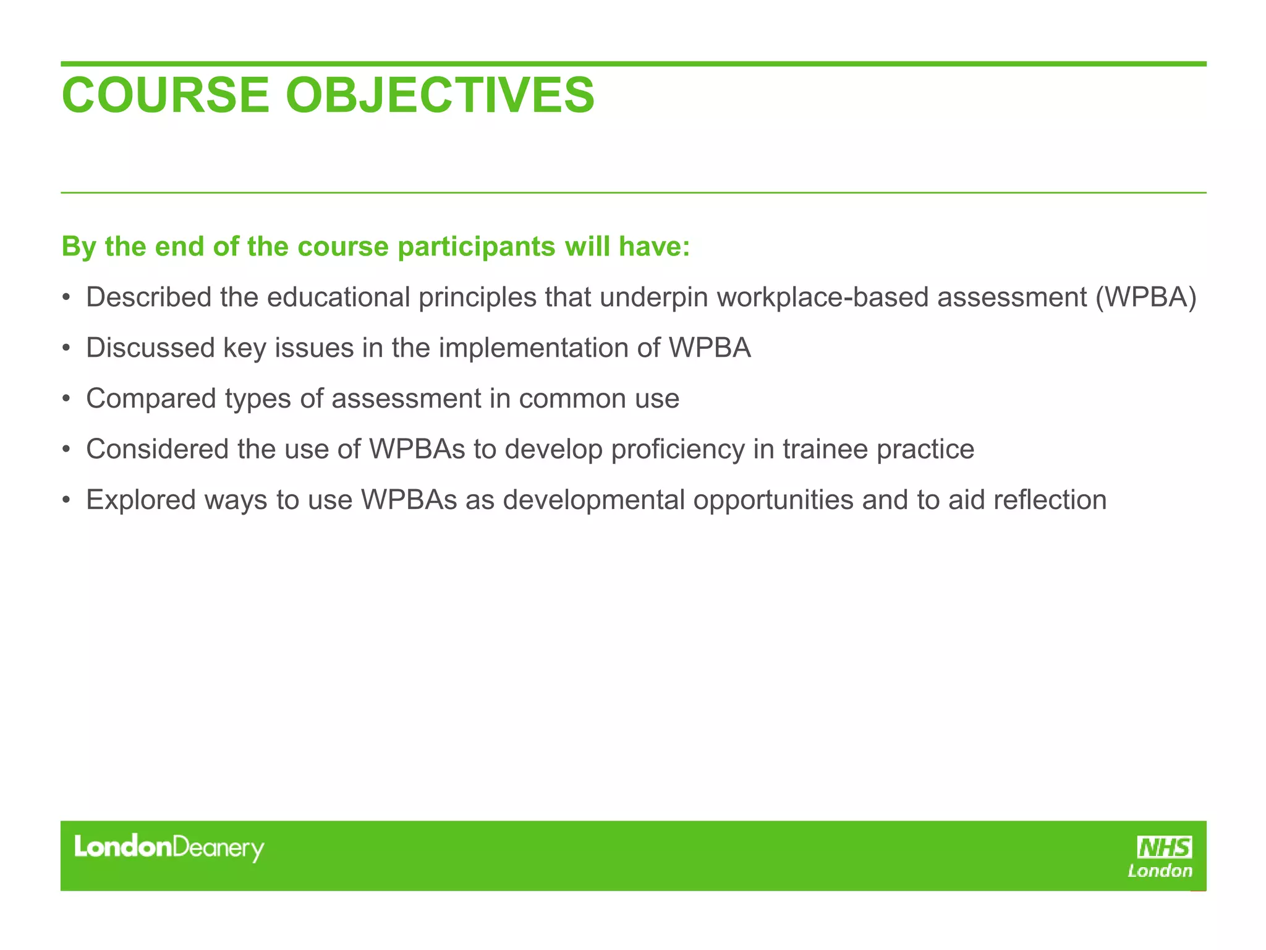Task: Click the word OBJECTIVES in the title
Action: (x=440, y=95)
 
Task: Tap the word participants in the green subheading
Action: (x=477, y=247)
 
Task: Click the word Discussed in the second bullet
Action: (x=150, y=348)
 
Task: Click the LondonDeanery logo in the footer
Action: (x=169, y=848)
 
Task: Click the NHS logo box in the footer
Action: (x=1164, y=847)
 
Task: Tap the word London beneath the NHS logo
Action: (x=1160, y=871)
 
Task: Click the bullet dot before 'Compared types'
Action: (x=66, y=399)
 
